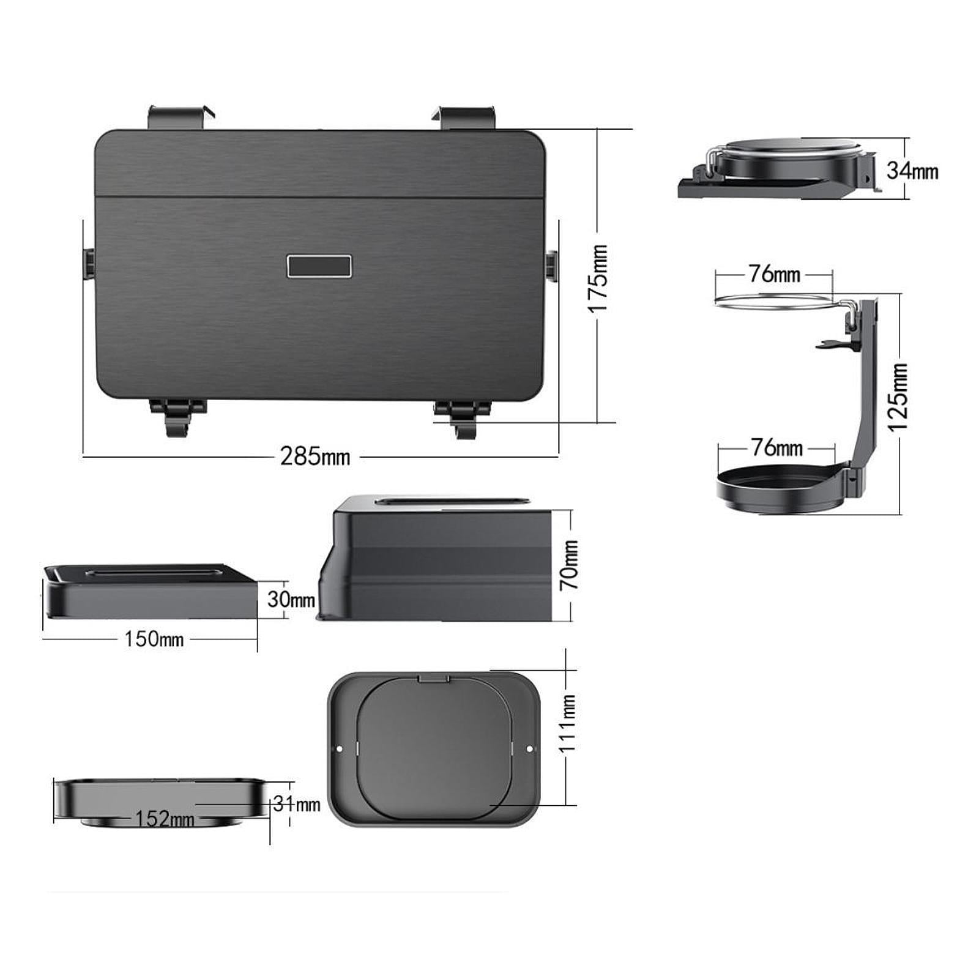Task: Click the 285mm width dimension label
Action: pyautogui.click(x=315, y=456)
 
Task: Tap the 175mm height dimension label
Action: pyautogui.click(x=598, y=278)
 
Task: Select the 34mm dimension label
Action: pyautogui.click(x=912, y=171)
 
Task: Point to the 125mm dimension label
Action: pyautogui.click(x=899, y=397)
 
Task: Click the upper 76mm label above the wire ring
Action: pyautogui.click(x=775, y=274)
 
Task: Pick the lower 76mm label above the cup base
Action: pyautogui.click(x=777, y=448)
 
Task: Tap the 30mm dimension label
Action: pyautogui.click(x=291, y=599)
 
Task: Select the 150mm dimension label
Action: pyautogui.click(x=154, y=639)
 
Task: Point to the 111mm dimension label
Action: pyautogui.click(x=568, y=723)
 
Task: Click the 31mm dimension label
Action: pyautogui.click(x=297, y=804)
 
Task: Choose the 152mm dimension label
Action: pyautogui.click(x=165, y=818)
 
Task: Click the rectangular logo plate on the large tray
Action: pyautogui.click(x=319, y=266)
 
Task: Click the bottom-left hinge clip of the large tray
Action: pyautogui.click(x=178, y=417)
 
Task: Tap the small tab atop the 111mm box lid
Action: pyautogui.click(x=434, y=678)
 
